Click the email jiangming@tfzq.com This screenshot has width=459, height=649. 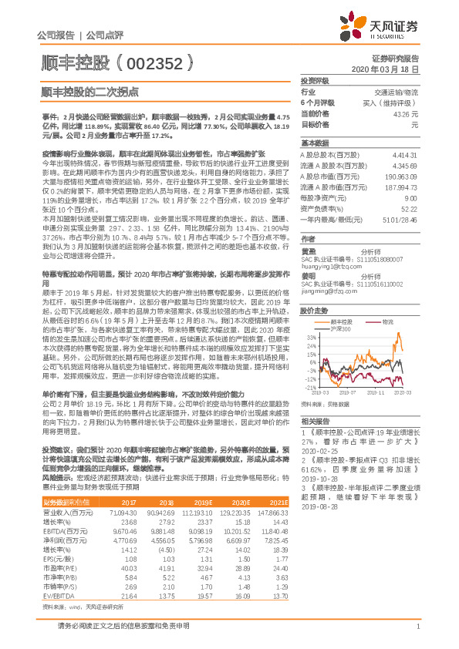tap(324, 292)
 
